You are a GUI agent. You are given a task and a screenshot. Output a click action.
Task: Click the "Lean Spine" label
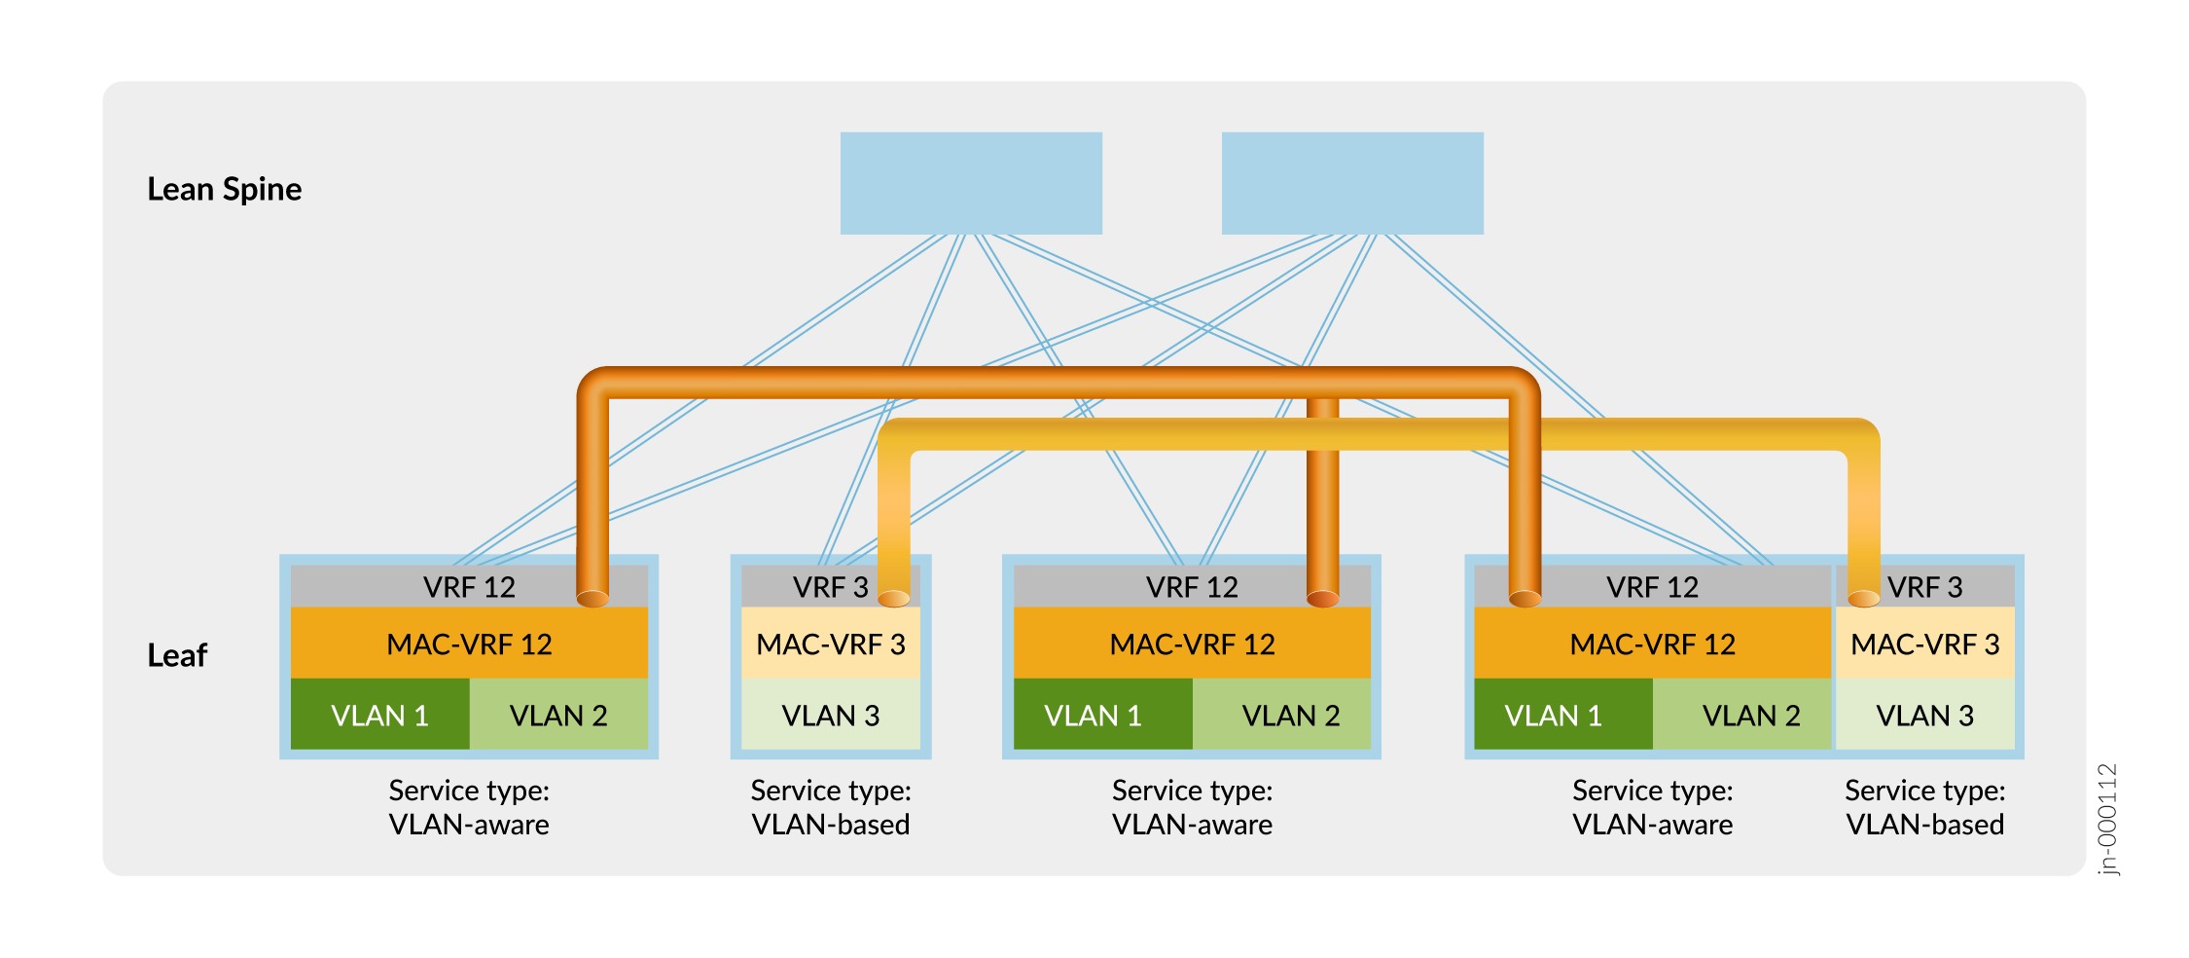click(x=224, y=189)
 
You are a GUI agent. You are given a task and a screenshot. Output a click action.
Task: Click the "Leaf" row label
click(x=177, y=655)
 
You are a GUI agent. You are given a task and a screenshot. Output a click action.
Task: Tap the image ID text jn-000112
click(x=2106, y=819)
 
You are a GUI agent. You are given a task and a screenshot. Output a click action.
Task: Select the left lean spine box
click(x=971, y=183)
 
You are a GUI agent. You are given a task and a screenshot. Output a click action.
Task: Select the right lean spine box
click(x=1352, y=183)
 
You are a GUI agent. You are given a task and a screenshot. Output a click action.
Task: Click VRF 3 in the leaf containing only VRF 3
click(x=829, y=587)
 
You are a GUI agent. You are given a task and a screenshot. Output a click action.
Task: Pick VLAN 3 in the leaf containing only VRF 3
click(x=831, y=716)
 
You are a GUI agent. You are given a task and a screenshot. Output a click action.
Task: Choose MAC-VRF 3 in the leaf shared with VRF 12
click(x=1924, y=644)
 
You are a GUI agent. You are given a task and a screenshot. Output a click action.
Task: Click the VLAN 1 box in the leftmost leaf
click(x=379, y=716)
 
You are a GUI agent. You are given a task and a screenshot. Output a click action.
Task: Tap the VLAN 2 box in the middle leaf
click(x=1290, y=716)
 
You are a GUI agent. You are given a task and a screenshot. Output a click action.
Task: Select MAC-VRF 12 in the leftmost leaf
click(x=469, y=644)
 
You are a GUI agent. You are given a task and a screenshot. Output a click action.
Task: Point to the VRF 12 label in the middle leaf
click(x=1192, y=587)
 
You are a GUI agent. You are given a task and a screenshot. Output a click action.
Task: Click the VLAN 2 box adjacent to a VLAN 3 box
click(x=1750, y=716)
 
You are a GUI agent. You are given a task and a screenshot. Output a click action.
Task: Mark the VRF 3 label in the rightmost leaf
click(x=1924, y=587)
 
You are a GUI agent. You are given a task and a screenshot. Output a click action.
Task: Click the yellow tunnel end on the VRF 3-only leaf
click(x=894, y=598)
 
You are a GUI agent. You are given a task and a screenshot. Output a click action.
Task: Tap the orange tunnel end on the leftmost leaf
click(x=592, y=598)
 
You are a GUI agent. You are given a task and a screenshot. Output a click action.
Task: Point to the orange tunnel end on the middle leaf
click(x=1323, y=598)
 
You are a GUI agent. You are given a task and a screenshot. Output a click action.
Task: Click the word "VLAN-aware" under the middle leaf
click(x=1192, y=825)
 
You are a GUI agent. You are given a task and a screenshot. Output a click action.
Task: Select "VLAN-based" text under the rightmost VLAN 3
click(x=1924, y=825)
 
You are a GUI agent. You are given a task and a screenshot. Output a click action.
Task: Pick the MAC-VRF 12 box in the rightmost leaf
click(x=1652, y=644)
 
